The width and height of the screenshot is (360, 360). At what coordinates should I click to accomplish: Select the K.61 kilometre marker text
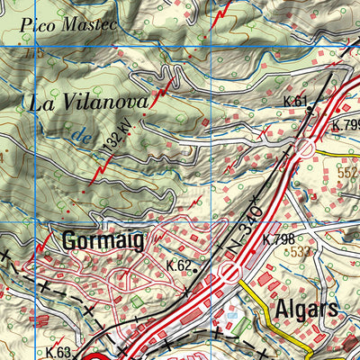point(294,101)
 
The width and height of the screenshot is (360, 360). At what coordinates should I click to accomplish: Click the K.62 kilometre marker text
point(178,265)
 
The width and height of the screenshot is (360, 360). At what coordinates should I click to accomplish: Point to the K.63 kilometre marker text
point(59,352)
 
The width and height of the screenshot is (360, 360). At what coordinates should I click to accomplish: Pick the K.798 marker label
point(278,239)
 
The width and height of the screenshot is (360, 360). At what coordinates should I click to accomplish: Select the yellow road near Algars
point(270,315)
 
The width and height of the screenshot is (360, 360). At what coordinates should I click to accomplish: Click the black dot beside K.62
point(196,266)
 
